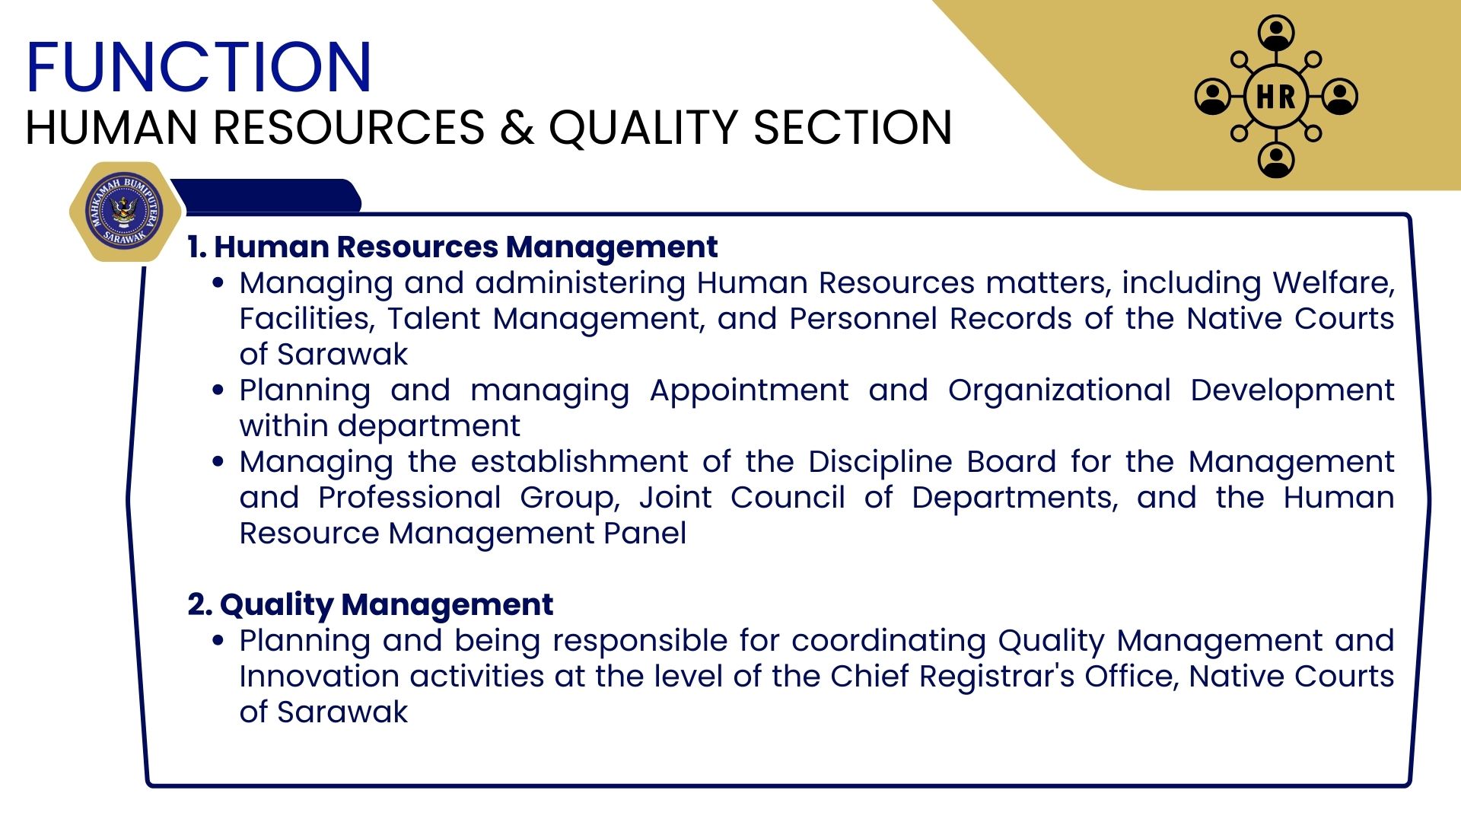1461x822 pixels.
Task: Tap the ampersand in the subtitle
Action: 517,127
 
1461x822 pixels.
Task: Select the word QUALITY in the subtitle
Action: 644,127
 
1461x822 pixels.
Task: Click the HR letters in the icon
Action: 1276,97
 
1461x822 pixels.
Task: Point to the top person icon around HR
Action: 1276,33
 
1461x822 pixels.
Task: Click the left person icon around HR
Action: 1213,97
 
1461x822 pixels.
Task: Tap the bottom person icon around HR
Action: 1276,160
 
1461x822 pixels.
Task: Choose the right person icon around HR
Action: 1340,97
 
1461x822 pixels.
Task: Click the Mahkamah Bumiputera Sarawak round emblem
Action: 124,212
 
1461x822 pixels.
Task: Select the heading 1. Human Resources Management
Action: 453,247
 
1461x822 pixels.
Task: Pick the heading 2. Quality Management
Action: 371,604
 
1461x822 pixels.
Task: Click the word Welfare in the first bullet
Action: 1333,282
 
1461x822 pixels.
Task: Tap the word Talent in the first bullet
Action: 434,318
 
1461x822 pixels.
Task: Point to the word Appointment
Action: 749,390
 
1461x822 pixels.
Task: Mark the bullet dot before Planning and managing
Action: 218,390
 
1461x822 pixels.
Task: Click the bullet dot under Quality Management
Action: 218,641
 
